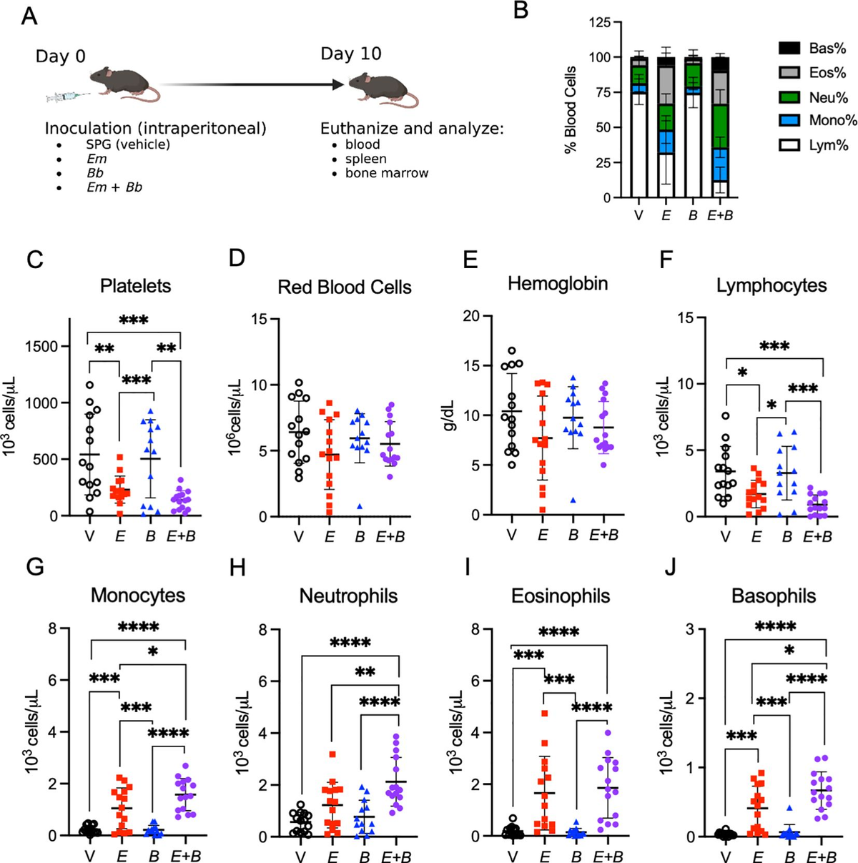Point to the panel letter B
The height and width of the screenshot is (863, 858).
[522, 11]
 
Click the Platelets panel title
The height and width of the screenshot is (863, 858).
[136, 286]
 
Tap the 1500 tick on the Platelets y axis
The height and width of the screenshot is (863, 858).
[43, 347]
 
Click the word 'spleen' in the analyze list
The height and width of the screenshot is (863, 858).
[365, 159]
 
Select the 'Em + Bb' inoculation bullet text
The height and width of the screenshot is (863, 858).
[114, 187]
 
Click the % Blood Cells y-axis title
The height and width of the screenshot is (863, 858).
[571, 111]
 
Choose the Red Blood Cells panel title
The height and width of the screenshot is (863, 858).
[345, 287]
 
